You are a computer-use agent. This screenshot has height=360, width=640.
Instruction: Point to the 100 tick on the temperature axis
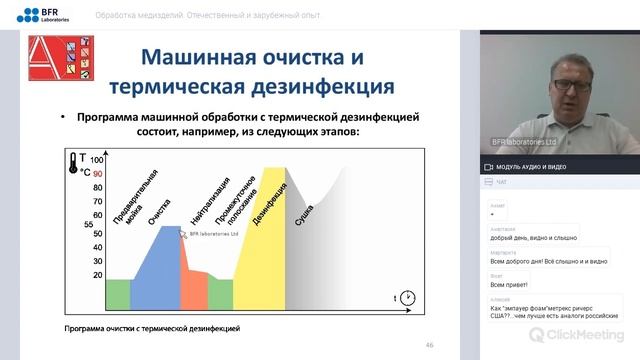(x=97, y=159)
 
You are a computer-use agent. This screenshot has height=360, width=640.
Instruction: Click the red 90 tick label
(x=97, y=173)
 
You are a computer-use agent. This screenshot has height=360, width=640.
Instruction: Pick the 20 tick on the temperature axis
(x=97, y=274)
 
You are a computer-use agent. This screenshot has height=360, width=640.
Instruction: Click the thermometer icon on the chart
(x=74, y=164)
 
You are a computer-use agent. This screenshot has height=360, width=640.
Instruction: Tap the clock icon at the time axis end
(x=409, y=298)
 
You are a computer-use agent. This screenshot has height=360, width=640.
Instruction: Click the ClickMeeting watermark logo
(x=579, y=333)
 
